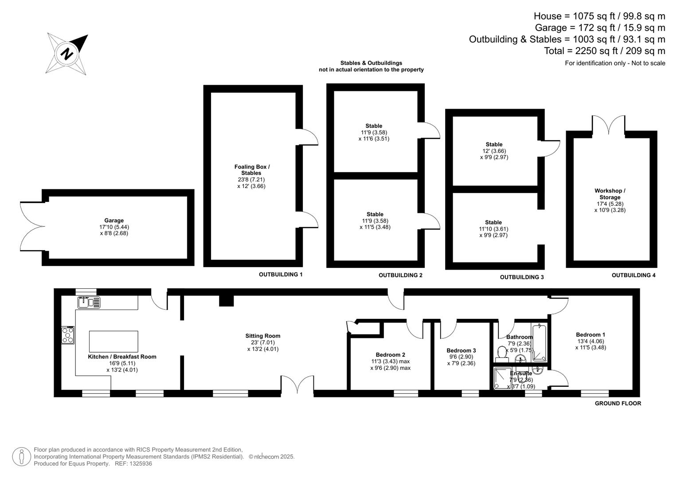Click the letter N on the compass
click(67, 54)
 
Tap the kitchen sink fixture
click(89, 302)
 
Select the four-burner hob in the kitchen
click(68, 335)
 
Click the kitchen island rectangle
click(113, 342)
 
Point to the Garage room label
click(114, 220)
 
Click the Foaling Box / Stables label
click(252, 169)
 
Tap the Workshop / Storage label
click(610, 194)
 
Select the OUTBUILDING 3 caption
click(522, 277)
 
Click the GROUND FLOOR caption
click(618, 403)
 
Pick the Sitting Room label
click(262, 336)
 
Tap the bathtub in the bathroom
click(540, 342)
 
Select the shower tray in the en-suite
click(502, 378)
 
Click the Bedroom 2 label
click(390, 355)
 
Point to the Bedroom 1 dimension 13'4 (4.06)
click(591, 341)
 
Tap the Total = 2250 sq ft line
click(604, 51)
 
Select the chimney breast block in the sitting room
click(227, 301)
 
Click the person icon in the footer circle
click(21, 457)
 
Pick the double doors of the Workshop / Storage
click(608, 125)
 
